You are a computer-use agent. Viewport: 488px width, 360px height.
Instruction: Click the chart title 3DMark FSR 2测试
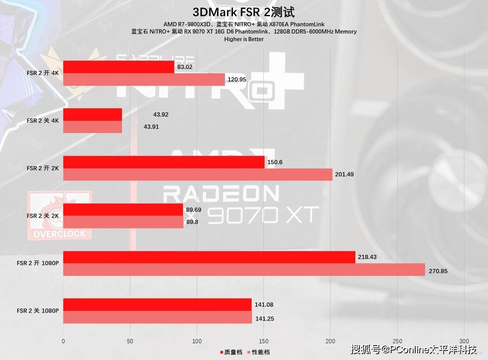point(244,12)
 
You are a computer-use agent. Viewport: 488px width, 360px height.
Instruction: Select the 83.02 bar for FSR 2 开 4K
point(119,67)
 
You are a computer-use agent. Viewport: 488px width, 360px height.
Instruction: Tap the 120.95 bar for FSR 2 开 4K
point(144,79)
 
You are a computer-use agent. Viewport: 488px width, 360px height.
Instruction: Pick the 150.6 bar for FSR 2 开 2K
point(164,162)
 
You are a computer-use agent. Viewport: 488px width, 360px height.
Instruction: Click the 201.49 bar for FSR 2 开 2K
point(197,174)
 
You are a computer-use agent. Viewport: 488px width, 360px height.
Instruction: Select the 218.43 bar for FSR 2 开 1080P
point(209,257)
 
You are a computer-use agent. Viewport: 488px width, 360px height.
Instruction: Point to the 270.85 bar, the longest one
point(244,270)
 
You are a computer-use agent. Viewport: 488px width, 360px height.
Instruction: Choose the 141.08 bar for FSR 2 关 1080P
point(157,305)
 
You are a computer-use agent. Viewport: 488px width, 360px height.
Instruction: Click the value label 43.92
point(161,114)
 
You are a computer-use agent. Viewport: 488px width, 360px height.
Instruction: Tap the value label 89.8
point(193,222)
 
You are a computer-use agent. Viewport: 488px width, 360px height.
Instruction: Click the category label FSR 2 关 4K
point(43,120)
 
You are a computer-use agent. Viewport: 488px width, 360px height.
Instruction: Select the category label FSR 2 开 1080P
point(38,263)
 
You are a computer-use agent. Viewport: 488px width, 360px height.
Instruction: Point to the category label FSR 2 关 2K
point(43,216)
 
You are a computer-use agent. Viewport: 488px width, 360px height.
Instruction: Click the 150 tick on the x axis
point(263,341)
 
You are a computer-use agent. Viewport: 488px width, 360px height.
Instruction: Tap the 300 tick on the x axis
point(464,341)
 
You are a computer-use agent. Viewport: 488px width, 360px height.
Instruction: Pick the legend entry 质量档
point(231,352)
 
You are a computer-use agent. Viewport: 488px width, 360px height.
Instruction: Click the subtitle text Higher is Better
point(244,39)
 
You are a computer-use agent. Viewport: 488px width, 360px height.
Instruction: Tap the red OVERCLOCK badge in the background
point(59,216)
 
